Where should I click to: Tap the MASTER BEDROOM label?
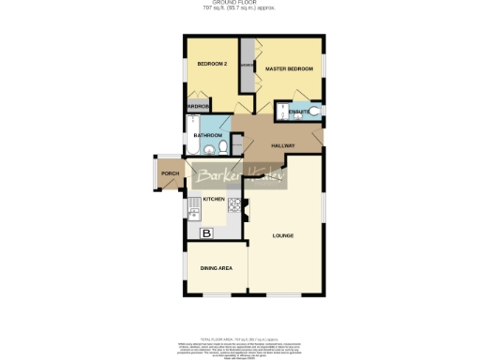(x=288, y=69)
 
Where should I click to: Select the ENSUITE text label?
(x=298, y=112)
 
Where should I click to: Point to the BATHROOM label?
(x=207, y=136)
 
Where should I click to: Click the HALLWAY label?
(x=283, y=146)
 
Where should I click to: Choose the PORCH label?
(x=170, y=173)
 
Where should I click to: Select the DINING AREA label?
(x=216, y=269)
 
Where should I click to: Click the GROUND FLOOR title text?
(x=240, y=4)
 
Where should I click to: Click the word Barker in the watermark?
(x=217, y=177)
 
